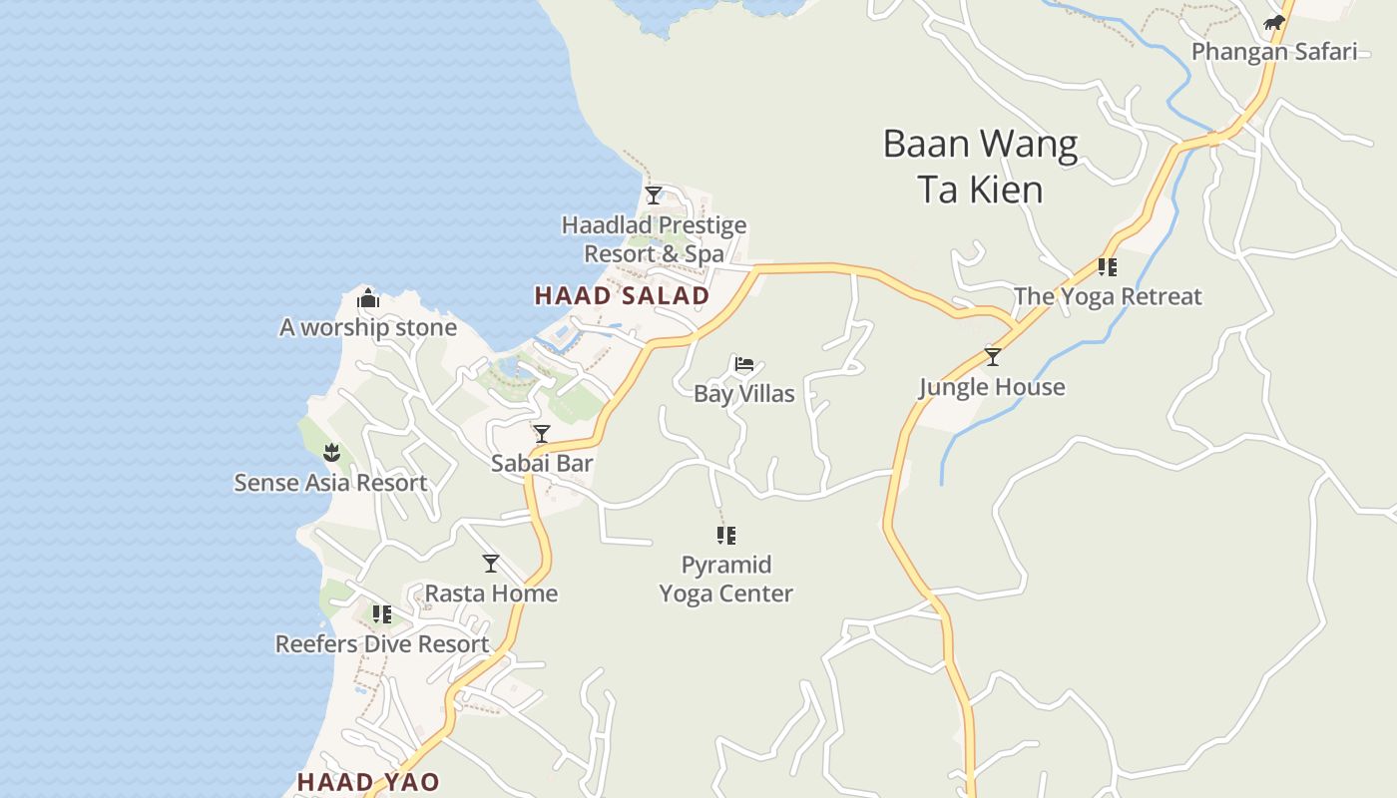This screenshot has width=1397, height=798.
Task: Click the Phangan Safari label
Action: [1274, 52]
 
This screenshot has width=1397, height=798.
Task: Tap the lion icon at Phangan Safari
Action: [1274, 23]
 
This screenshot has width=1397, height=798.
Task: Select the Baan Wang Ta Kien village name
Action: [980, 167]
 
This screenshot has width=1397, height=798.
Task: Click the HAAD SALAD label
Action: [622, 295]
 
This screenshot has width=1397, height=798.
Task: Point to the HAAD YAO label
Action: [368, 782]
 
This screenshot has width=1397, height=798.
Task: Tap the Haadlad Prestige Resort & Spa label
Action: [654, 239]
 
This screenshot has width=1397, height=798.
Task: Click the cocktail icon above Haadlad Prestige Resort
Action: [654, 196]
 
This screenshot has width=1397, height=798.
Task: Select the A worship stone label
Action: [368, 327]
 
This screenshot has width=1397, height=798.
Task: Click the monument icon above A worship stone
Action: [368, 298]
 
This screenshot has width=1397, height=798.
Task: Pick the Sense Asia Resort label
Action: [330, 483]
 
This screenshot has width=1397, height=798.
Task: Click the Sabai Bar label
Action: [542, 463]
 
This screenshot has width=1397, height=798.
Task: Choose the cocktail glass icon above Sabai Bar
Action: [542, 434]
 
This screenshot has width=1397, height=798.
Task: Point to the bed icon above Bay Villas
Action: [744, 364]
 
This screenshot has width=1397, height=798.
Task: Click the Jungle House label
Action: [992, 387]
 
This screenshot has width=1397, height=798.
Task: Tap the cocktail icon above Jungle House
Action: [992, 357]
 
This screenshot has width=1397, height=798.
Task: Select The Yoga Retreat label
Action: [1108, 296]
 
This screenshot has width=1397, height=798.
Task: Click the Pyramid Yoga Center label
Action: [726, 579]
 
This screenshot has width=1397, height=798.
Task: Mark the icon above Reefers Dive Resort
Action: [381, 613]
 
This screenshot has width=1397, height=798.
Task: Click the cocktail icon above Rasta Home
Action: [491, 564]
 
